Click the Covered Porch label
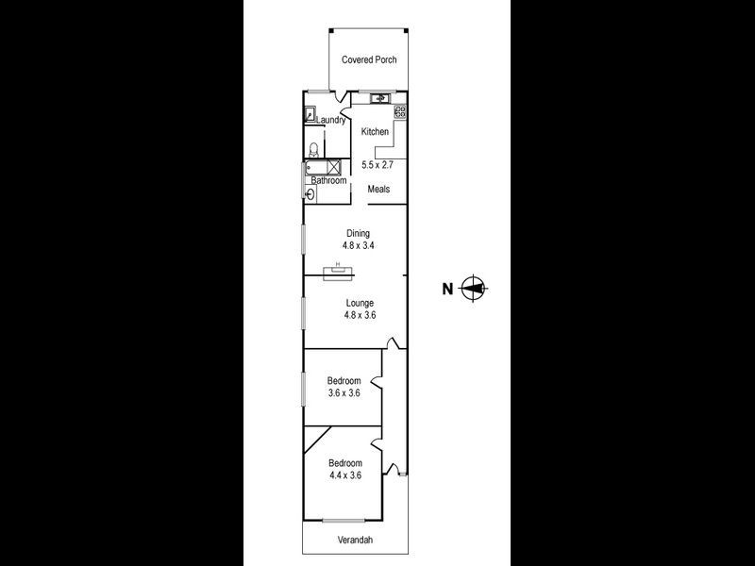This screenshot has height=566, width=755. coord(369,59)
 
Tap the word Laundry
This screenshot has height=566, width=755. coord(330,120)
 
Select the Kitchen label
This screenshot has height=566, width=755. coord(375,132)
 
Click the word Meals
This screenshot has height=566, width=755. coord(378,189)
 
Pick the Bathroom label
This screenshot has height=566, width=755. coord(329,180)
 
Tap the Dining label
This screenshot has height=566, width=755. coord(358,233)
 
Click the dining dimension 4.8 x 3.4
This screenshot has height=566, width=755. coord(358,245)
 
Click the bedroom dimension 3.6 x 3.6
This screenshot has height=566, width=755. coord(344,393)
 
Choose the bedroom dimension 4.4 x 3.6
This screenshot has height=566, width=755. coord(344,476)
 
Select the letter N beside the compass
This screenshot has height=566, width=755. coord(447,290)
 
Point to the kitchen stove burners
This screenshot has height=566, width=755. coord(400,111)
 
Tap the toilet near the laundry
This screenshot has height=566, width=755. coord(313,149)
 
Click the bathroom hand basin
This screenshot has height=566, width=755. coord(310,194)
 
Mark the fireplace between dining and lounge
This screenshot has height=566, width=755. coord(338,274)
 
